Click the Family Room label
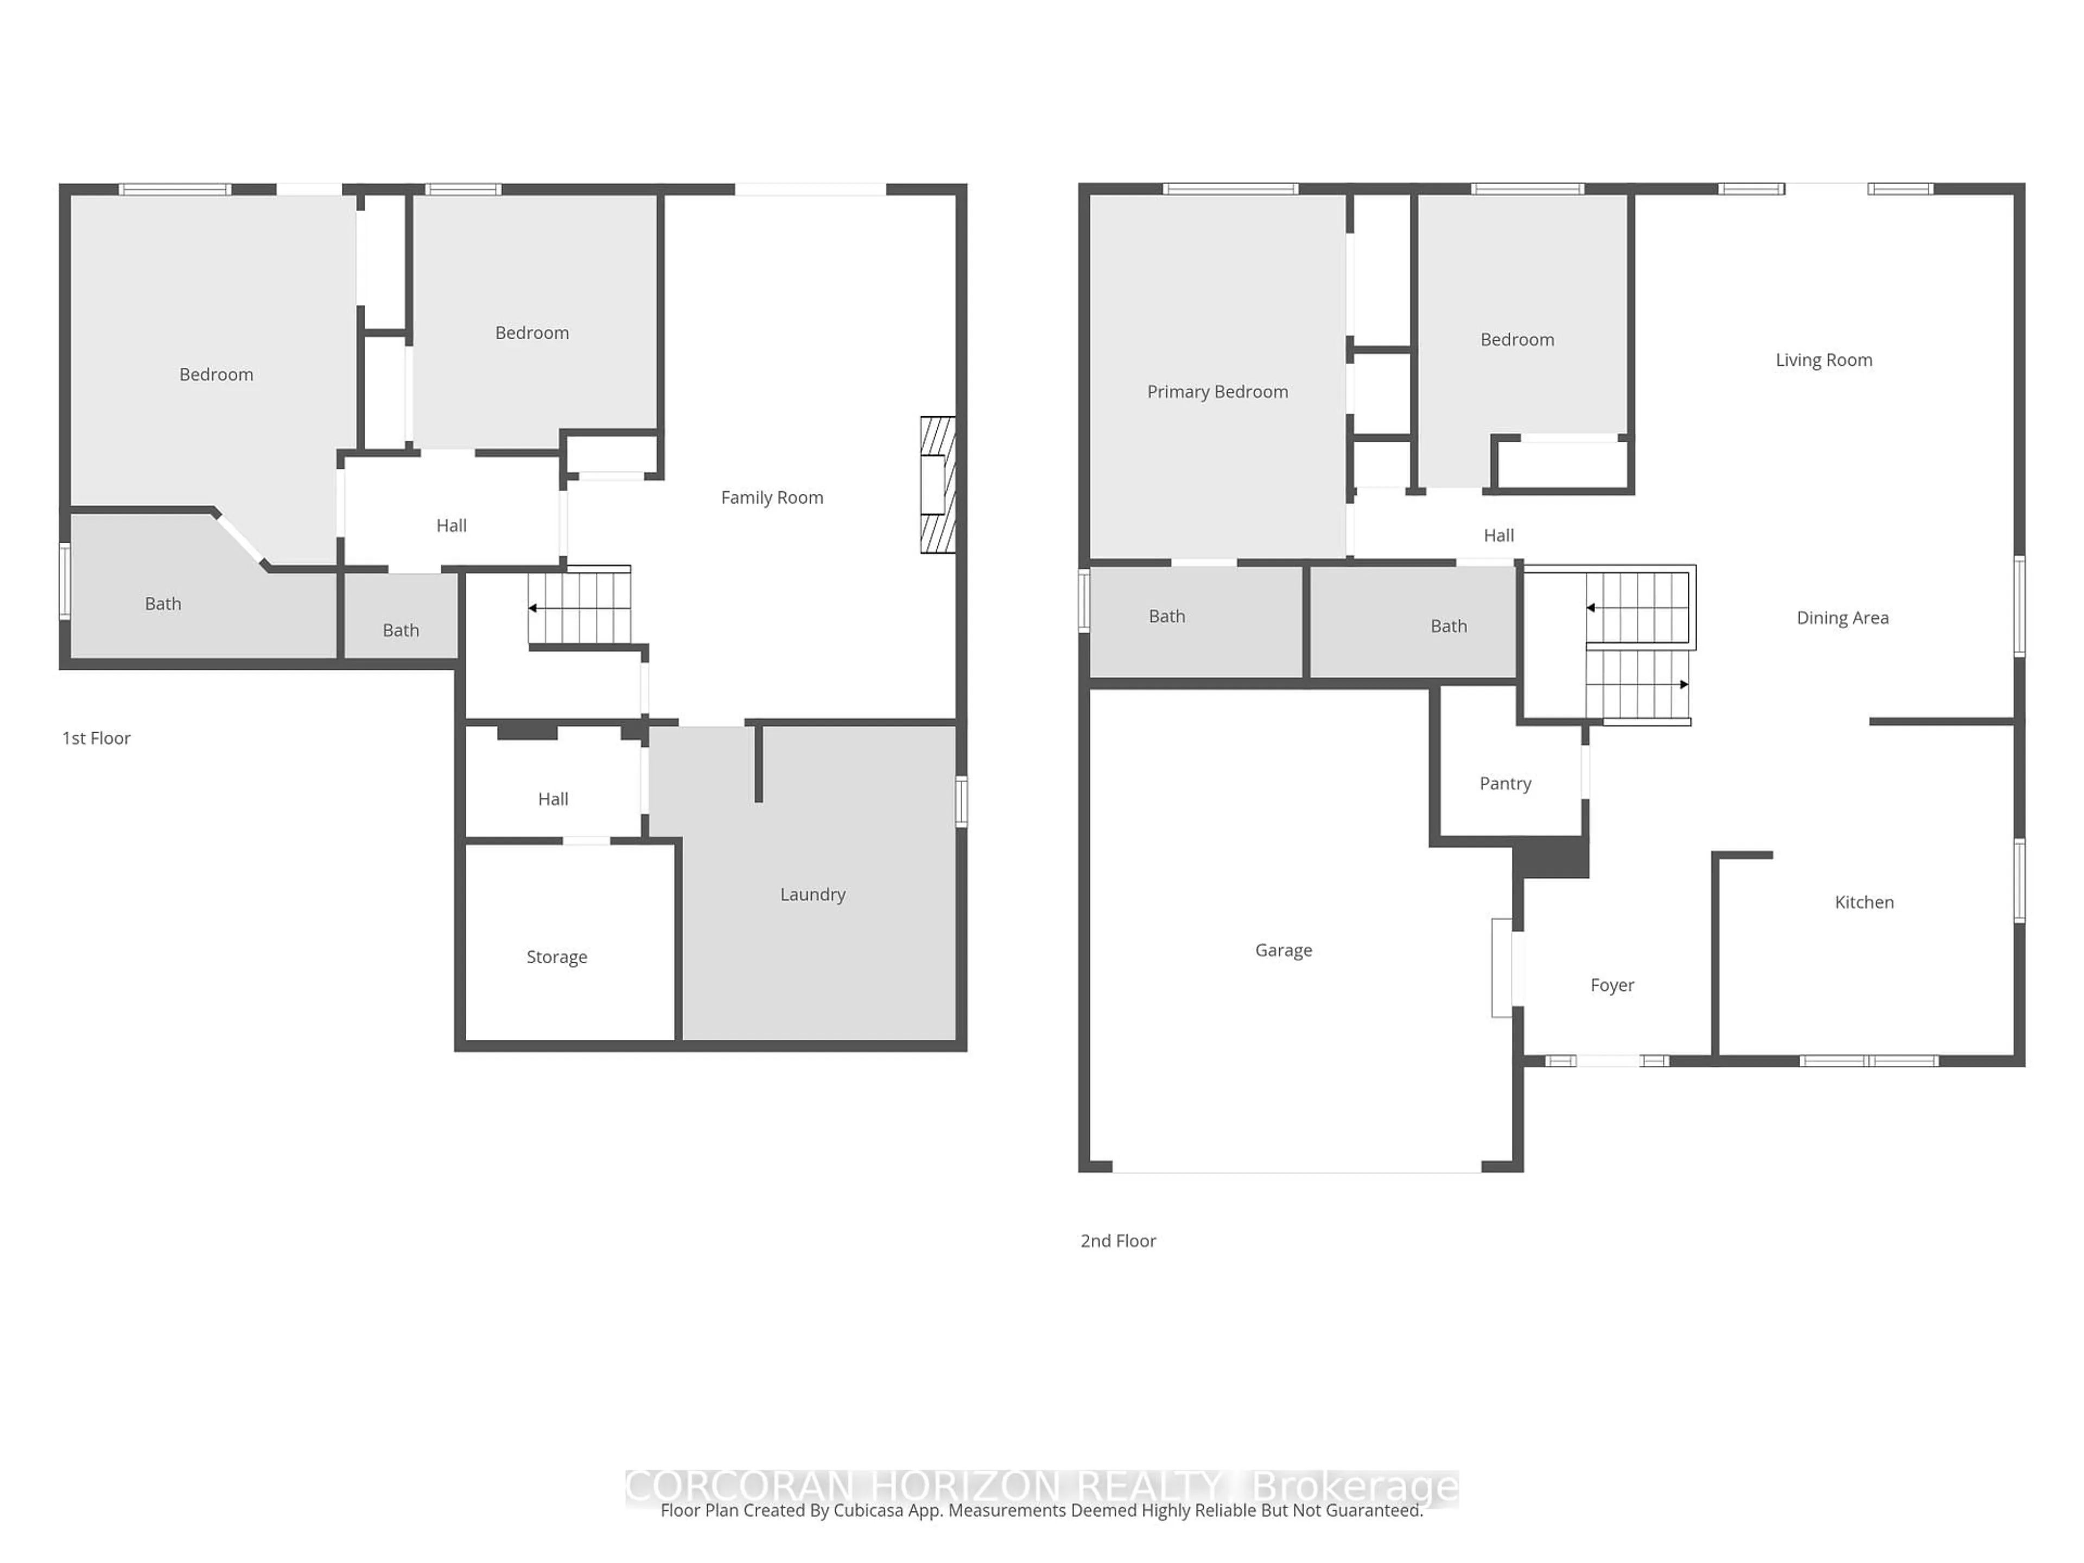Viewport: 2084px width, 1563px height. tap(772, 498)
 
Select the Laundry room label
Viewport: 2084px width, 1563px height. tap(812, 894)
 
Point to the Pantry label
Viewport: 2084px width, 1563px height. tap(1504, 783)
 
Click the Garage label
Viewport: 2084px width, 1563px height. tap(1283, 950)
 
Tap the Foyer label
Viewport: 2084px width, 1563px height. tap(1611, 984)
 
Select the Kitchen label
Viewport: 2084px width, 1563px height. tap(1864, 901)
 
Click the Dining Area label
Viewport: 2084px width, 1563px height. tap(1842, 617)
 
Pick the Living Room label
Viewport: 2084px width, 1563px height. tap(1823, 360)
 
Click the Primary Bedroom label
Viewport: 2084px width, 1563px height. tap(1217, 391)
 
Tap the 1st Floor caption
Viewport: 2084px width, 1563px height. tap(96, 738)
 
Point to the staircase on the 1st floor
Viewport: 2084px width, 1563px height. tap(580, 608)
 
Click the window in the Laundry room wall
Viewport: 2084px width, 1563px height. tap(961, 801)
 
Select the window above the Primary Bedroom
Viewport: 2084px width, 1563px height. tap(1230, 189)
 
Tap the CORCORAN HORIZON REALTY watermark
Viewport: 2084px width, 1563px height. tap(923, 1486)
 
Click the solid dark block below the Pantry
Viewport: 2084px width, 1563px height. tap(1551, 858)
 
